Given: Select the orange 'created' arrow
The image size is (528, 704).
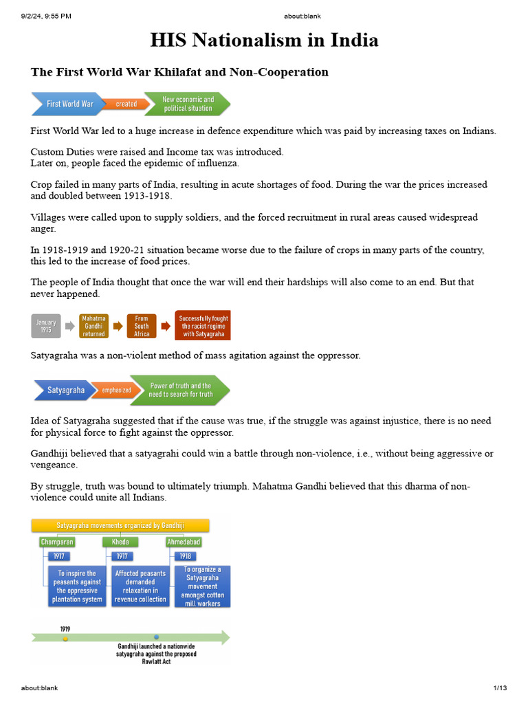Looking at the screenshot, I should [x=126, y=104].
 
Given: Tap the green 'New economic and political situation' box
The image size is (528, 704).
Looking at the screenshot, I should [x=188, y=104].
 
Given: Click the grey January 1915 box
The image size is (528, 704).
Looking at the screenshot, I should [x=46, y=326].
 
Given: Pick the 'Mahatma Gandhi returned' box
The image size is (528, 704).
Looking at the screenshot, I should [x=93, y=326].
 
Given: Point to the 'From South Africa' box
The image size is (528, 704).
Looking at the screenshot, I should [x=142, y=326].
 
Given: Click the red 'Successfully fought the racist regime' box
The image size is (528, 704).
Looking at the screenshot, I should [x=203, y=326].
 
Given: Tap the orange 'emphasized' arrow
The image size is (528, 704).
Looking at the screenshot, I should [x=116, y=390].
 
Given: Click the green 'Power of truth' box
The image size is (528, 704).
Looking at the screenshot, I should [x=181, y=390].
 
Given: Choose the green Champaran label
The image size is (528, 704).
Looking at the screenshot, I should [x=57, y=542].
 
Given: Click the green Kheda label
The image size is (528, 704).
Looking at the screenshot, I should [x=120, y=542].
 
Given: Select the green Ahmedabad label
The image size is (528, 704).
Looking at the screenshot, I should [x=184, y=542].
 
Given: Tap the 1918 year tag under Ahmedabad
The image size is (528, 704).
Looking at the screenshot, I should [x=184, y=555].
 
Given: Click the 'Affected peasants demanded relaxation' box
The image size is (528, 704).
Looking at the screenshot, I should [x=140, y=586].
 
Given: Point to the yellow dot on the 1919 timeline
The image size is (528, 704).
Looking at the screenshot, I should [x=65, y=638].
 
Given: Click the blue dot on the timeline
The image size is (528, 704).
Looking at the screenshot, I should [x=156, y=637].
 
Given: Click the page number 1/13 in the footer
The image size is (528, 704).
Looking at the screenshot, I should [x=500, y=688].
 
